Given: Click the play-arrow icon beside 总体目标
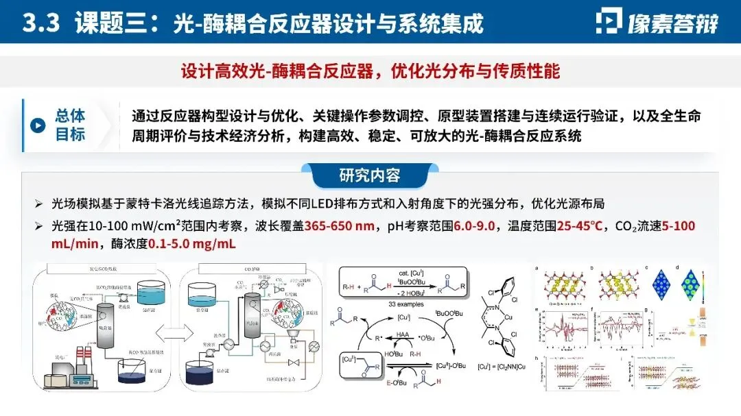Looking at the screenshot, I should click(38, 125).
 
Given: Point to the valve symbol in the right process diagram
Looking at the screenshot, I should click(296, 362).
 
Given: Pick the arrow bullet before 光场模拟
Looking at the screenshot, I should click(39, 205).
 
